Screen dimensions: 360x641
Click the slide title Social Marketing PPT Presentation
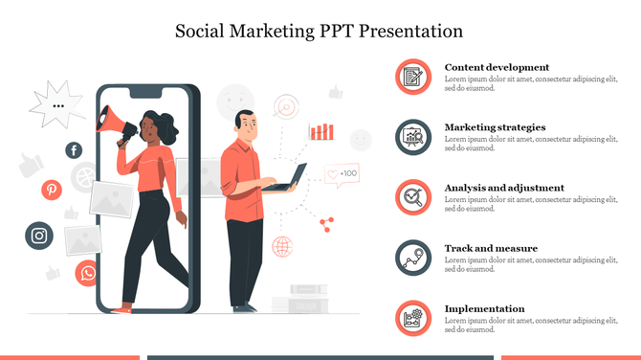[x=320, y=31]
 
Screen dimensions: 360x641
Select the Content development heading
[x=497, y=67]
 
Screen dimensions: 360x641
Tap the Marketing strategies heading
[x=495, y=127]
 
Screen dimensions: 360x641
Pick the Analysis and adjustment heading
[x=504, y=188]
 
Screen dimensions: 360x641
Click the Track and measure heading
[x=491, y=248]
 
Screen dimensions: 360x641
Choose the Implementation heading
[x=484, y=308]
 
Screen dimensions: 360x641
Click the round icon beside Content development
[x=413, y=77]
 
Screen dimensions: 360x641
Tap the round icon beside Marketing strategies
[x=413, y=137]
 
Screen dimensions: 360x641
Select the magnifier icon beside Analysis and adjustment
[x=413, y=197]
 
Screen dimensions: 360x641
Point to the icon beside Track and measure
[x=413, y=258]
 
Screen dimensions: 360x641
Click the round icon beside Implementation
[x=413, y=318]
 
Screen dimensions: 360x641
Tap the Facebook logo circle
[x=74, y=150]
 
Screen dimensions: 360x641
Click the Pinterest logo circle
[x=52, y=190]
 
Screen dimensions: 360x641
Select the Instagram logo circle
[x=38, y=236]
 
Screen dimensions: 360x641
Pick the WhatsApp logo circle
[x=88, y=273]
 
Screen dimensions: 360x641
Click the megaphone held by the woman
[x=112, y=122]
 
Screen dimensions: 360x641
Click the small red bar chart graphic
[x=321, y=131]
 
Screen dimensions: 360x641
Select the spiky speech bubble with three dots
[x=58, y=105]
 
